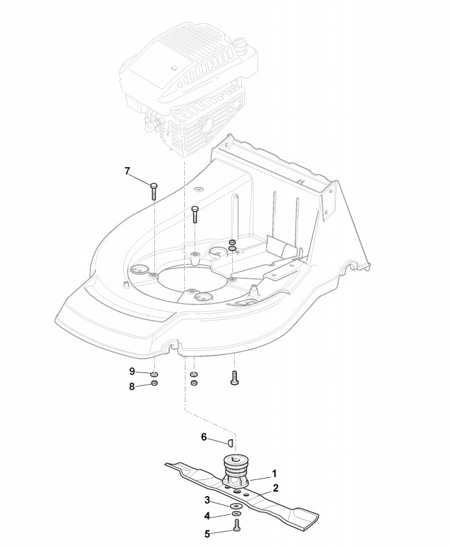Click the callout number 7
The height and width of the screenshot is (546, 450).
(127, 171)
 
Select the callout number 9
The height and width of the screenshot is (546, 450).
(132, 371)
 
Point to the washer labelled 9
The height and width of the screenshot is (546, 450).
(154, 374)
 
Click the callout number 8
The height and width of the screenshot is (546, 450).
(132, 387)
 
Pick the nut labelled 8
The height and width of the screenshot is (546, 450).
(154, 383)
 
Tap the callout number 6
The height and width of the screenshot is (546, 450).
(204, 437)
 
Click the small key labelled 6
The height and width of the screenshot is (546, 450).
(229, 442)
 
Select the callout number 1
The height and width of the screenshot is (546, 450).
(274, 473)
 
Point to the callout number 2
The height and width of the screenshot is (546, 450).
(276, 488)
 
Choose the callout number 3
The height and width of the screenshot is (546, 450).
(207, 501)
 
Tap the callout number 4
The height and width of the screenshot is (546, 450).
(207, 516)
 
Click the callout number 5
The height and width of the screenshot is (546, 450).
(207, 534)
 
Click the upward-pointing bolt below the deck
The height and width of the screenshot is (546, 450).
(234, 378)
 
